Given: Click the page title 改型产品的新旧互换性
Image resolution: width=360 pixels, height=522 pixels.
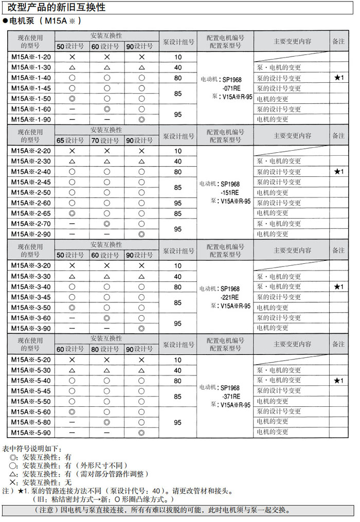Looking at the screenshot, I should point(57,7).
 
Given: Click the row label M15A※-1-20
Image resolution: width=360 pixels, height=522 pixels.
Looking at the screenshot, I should point(31,57).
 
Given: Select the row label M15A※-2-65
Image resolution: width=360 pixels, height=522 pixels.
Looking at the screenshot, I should point(31,213).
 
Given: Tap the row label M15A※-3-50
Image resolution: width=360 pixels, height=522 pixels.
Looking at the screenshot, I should point(31,308).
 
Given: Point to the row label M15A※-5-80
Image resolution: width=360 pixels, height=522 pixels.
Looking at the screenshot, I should point(31,422).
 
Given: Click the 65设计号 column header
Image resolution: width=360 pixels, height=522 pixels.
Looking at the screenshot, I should point(70,140).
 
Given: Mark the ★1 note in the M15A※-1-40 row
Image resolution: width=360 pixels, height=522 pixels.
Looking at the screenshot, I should point(338,78).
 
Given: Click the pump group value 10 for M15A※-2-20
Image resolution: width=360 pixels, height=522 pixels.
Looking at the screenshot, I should point(178,151).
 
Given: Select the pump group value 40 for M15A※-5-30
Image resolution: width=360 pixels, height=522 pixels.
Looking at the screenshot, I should point(178,370).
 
